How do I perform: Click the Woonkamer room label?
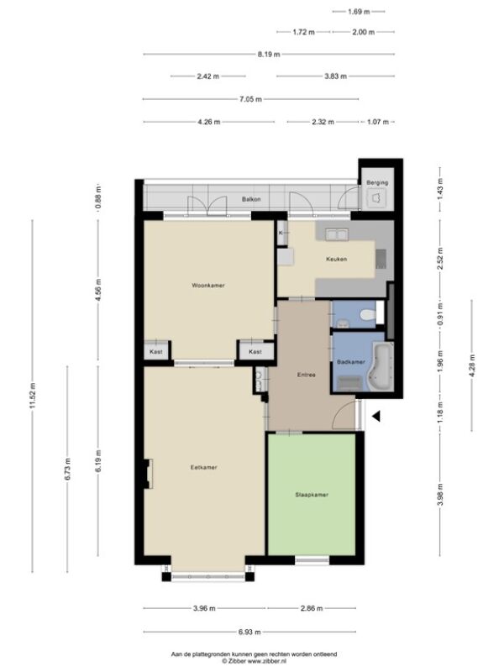(208, 286)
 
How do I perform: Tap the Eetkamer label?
(203, 468)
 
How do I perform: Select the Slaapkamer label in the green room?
(312, 495)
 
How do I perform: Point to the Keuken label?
(337, 260)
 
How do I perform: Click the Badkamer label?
(351, 362)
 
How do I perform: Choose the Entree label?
(307, 375)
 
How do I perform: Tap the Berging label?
(377, 182)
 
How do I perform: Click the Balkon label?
(251, 199)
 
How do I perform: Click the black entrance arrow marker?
(375, 416)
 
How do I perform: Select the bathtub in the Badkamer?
(383, 367)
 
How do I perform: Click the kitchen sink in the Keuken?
(337, 235)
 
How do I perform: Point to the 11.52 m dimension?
(33, 396)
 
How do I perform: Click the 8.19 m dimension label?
(269, 55)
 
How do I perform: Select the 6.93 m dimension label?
(249, 633)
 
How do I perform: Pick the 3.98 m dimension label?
(440, 494)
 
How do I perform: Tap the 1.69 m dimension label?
(359, 12)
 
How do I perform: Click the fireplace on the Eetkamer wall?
(149, 474)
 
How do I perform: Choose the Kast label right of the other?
(255, 352)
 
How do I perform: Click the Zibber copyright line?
(255, 661)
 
